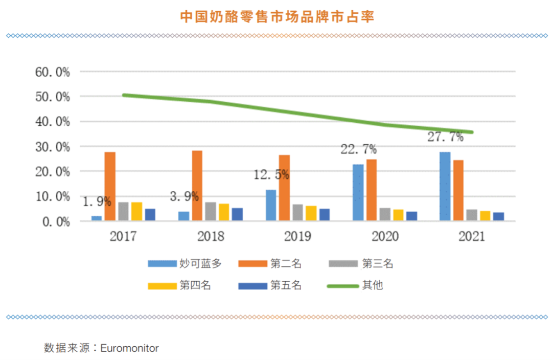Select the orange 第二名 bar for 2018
[x=197, y=186]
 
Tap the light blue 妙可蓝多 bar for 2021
[x=445, y=187]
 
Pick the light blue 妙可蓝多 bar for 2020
[x=358, y=193]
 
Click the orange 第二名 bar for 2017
[x=110, y=187]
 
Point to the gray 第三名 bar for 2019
[x=297, y=212]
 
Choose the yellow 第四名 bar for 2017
[x=136, y=211]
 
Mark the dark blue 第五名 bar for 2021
[x=499, y=216]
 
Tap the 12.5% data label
[x=271, y=175]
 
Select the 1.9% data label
[x=97, y=201]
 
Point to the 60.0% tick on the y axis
[x=53, y=72]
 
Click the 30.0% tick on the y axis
[x=53, y=147]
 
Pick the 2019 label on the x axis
[x=298, y=237]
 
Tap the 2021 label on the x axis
[x=472, y=237]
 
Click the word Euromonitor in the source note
[x=130, y=348]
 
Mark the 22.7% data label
[x=359, y=149]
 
